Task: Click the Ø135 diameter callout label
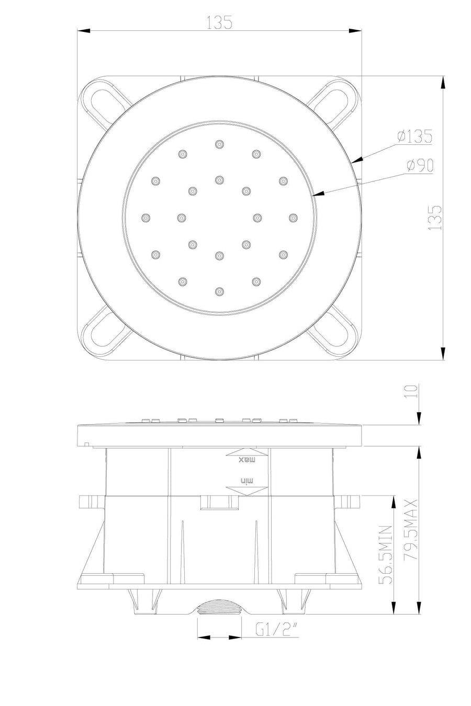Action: pos(414,136)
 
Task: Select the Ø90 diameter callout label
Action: pos(420,165)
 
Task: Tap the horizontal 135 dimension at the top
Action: pos(219,22)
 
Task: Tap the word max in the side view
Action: pos(246,459)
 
